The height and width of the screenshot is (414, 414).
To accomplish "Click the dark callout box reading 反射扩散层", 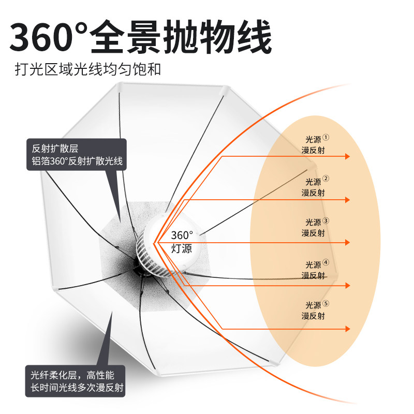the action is pos(76,155).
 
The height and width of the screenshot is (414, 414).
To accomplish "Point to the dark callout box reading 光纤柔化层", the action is pos(76,380).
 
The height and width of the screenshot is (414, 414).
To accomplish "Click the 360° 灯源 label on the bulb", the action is pos(182,242).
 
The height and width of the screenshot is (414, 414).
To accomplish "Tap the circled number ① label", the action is pos(326,138).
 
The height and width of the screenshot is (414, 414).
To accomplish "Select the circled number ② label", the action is pos(326,179).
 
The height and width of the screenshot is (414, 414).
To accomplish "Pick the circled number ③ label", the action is pos(326,220).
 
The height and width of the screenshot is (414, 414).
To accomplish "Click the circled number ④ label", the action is pos(326,262).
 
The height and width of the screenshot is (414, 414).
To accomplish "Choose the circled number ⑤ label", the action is pos(326,304).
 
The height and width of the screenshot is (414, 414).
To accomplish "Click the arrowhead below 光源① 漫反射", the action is pos(348,157).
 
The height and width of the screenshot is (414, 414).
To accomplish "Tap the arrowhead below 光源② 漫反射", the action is pos(348,200).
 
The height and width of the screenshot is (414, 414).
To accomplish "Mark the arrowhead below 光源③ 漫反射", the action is pos(348,242).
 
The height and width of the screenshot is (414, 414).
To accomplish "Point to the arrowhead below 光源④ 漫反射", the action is pos(348,285).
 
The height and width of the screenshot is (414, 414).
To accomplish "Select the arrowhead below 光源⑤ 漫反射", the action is pos(348,328).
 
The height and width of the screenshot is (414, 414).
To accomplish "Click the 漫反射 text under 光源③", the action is pos(313,233).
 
